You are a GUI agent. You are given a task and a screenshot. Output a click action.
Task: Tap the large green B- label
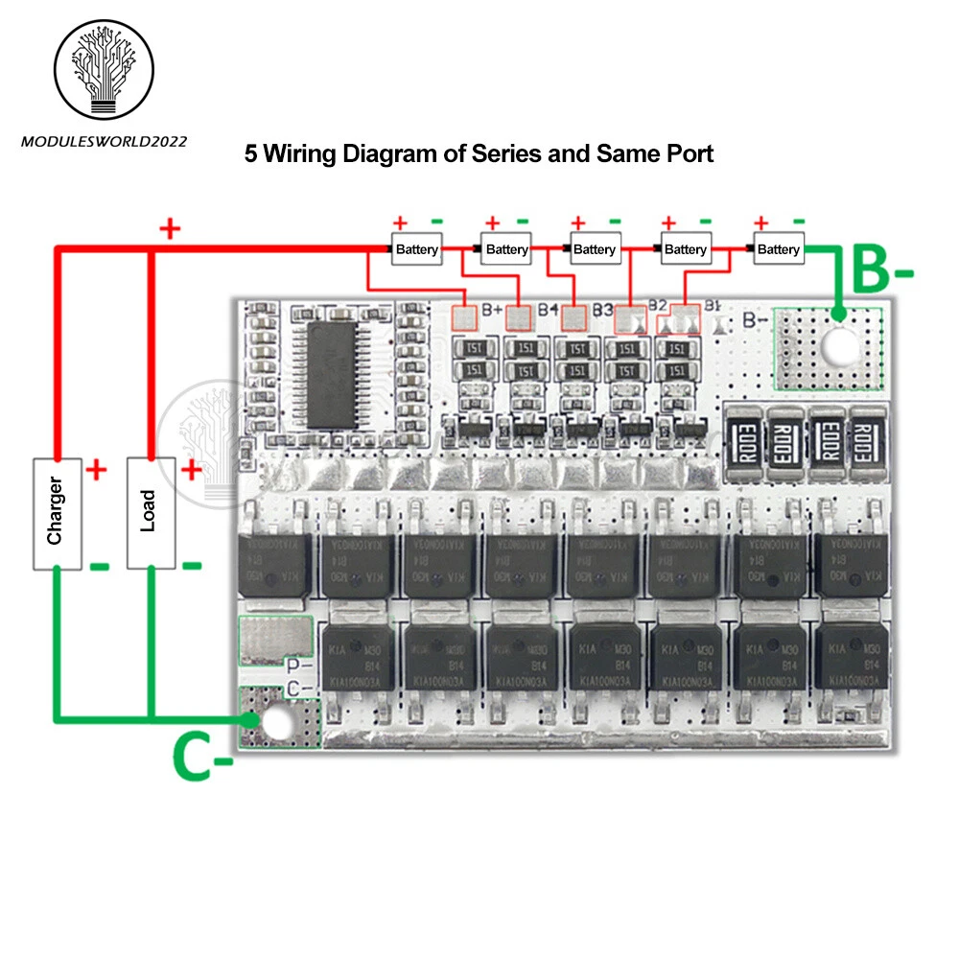(881, 270)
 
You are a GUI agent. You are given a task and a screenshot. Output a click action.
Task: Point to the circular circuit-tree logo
(105, 70)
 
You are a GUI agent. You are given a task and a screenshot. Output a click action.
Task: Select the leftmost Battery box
(416, 249)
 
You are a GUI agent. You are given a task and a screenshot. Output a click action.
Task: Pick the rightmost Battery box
(778, 249)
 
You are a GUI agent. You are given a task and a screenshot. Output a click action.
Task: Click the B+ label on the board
(492, 309)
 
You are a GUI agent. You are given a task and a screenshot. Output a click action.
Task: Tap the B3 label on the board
(602, 309)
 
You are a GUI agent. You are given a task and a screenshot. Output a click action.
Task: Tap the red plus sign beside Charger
(96, 470)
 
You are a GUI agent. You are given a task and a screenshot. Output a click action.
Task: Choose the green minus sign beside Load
(191, 565)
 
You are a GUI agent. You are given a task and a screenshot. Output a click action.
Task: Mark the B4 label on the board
(548, 309)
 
